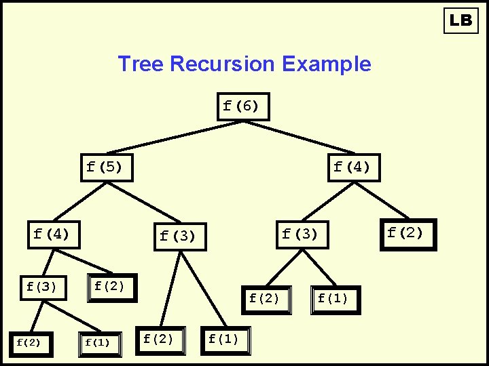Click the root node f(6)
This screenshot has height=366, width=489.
click(x=243, y=106)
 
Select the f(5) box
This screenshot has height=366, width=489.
click(x=107, y=167)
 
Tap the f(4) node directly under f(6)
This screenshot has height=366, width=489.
click(x=354, y=167)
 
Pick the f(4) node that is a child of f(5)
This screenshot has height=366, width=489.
click(x=54, y=235)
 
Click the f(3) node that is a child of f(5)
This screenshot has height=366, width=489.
click(x=180, y=237)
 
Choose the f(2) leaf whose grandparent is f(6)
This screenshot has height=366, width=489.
click(x=409, y=235)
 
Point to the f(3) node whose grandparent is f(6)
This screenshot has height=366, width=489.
click(x=302, y=235)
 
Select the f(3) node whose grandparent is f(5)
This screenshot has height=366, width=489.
click(x=43, y=288)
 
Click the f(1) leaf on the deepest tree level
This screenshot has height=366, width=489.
click(x=100, y=344)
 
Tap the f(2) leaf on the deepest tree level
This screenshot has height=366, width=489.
click(x=31, y=344)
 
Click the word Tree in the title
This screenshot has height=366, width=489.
click(x=141, y=64)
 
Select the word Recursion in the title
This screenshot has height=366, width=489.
click(x=222, y=64)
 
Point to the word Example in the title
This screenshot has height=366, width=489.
click(x=327, y=64)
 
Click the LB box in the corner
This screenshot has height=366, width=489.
click(x=461, y=20)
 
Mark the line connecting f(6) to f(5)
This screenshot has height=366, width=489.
click(x=175, y=138)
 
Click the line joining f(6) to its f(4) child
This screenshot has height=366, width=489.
click(x=299, y=138)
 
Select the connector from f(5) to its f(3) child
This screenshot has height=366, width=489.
click(x=144, y=202)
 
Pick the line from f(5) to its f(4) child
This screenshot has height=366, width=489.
click(x=80, y=202)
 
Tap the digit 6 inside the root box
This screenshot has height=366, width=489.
click(x=247, y=106)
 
